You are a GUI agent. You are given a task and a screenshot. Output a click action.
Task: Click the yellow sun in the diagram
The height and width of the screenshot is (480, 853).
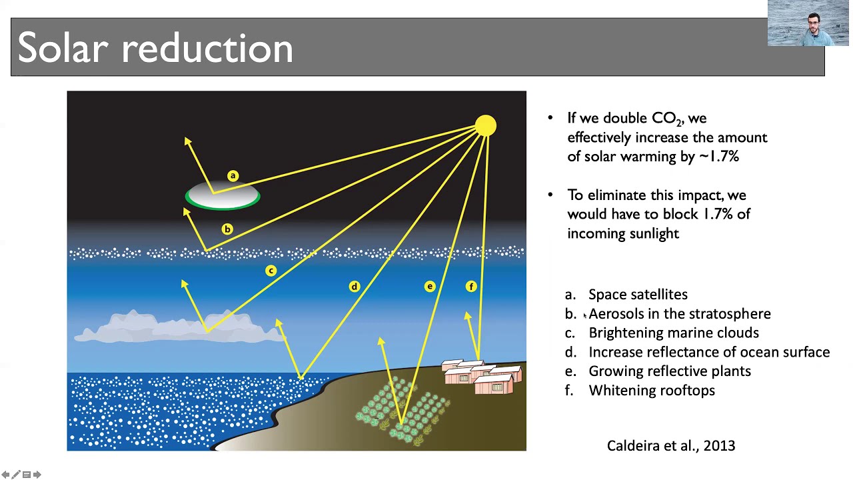tap(486, 125)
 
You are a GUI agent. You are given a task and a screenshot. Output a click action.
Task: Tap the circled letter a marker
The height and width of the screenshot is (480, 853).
tap(233, 175)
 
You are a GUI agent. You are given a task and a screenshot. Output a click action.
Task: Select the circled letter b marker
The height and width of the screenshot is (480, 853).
tap(227, 229)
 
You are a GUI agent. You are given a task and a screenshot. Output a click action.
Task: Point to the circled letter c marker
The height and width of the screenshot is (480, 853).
tap(271, 270)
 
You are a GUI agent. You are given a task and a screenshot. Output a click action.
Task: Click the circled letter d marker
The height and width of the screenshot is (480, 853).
tap(354, 287)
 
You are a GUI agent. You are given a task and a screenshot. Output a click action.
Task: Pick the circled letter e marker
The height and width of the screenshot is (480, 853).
tap(430, 287)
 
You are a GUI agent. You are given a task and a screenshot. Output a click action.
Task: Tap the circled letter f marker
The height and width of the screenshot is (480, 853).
tap(471, 287)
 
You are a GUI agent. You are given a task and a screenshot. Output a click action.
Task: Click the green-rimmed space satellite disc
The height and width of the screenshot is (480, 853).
tap(223, 197)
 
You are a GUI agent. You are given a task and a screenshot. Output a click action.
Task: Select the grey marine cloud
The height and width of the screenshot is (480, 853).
tap(180, 327)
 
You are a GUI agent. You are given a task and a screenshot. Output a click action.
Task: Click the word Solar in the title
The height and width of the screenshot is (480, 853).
tap(63, 49)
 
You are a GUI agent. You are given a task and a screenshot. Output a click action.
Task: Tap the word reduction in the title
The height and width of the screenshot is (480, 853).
tap(207, 49)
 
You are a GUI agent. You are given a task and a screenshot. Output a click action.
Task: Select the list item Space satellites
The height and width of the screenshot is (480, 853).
tap(638, 295)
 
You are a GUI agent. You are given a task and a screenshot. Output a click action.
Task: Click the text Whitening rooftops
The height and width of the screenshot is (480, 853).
tap(651, 391)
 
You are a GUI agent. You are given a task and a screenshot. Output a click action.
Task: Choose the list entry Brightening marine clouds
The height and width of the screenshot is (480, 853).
tap(673, 333)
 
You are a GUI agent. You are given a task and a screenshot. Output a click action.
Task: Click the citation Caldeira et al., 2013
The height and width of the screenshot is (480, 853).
tap(670, 446)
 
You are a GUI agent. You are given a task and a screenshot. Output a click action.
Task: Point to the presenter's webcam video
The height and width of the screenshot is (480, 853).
tap(808, 23)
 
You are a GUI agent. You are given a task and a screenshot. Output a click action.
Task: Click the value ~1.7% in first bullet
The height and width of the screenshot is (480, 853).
tap(719, 157)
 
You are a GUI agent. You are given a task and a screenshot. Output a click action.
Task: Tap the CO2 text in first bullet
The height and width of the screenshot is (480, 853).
tap(666, 119)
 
